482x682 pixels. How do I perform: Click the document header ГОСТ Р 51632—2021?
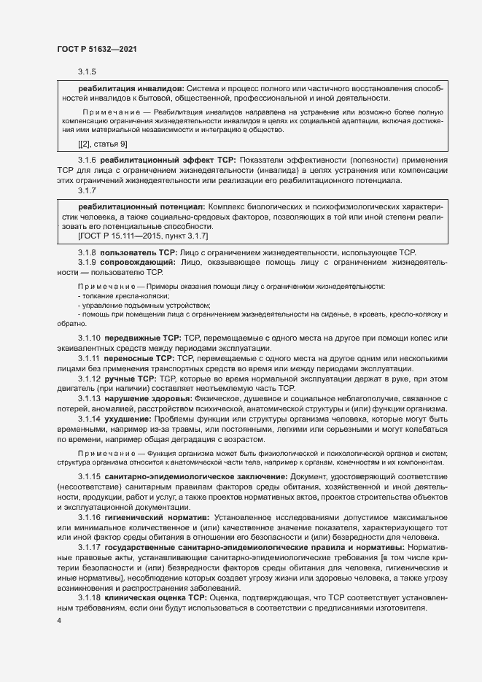point(96,48)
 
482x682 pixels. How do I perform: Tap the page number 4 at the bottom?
point(59,620)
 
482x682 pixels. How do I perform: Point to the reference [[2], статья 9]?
point(103,144)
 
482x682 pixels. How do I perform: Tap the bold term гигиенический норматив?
point(151,517)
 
